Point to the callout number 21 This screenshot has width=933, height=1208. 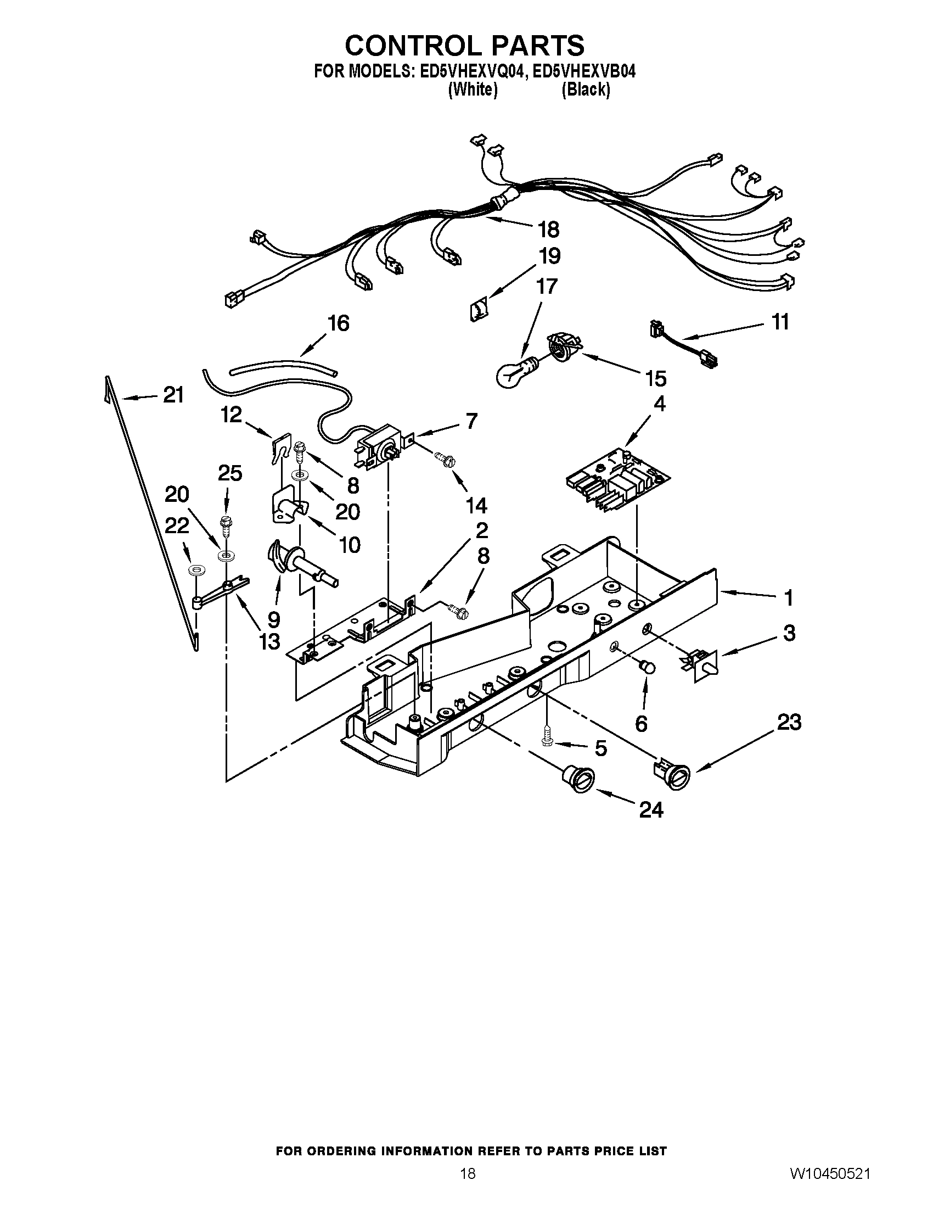(173, 395)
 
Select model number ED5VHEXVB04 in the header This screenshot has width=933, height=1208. (584, 72)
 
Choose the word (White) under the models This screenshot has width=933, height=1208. (473, 90)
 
